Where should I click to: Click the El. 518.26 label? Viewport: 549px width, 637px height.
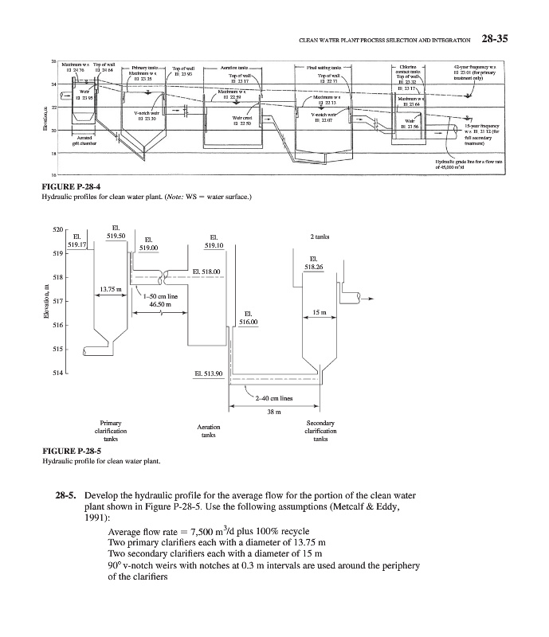(314, 262)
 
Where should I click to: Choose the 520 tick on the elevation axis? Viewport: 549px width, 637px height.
(57, 229)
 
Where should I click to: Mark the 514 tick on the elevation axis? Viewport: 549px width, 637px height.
(57, 371)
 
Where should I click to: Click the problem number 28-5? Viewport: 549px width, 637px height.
(66, 495)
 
